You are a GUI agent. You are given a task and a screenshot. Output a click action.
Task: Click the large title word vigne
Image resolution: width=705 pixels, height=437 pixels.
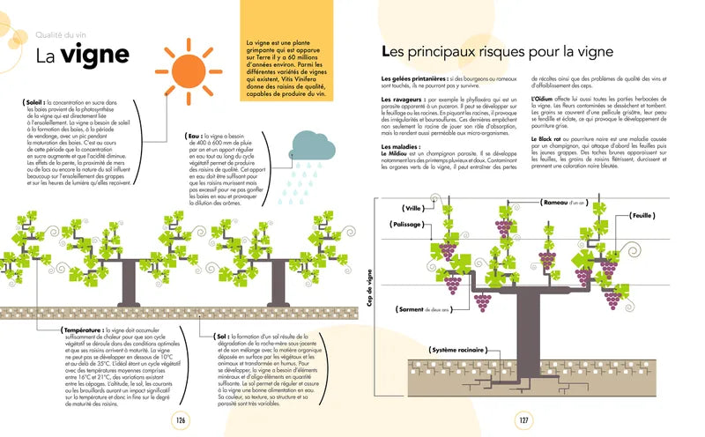pyautogui.click(x=95, y=55)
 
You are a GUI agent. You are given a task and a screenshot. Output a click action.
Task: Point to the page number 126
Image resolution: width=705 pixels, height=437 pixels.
pyautogui.click(x=182, y=420)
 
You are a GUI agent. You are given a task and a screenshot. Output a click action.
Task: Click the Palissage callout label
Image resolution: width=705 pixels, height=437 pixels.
pyautogui.click(x=405, y=225)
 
